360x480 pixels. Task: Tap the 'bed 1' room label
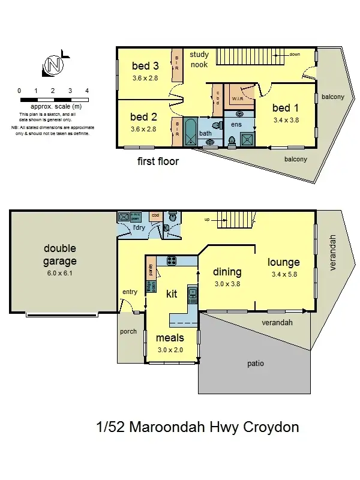(285, 108)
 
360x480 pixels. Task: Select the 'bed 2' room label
(143, 117)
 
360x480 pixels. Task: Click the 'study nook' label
(199, 59)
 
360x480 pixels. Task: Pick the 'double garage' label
(59, 254)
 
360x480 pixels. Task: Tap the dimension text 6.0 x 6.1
(59, 273)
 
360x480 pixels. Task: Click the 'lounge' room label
(284, 262)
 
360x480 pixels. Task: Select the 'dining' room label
(227, 272)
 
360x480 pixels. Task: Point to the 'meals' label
(170, 338)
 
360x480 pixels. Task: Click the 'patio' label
(256, 364)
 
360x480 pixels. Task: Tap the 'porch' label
(128, 331)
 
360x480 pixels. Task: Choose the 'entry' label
(130, 292)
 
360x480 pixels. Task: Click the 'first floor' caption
(158, 161)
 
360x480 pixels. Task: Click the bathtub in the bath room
(190, 132)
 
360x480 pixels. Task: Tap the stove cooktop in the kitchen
(170, 260)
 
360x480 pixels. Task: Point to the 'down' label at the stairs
(294, 54)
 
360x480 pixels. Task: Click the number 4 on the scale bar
(87, 91)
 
